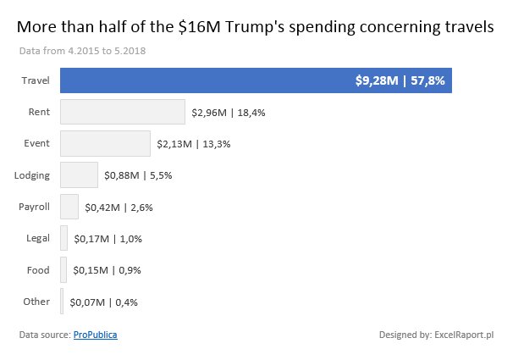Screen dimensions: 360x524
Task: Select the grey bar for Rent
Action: pyautogui.click(x=123, y=112)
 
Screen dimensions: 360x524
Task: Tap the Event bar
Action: pyautogui.click(x=105, y=143)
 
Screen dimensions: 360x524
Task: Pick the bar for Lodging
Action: pyautogui.click(x=79, y=175)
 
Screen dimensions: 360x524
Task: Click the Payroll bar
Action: pyautogui.click(x=69, y=207)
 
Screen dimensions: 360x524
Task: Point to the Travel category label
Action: pyautogui.click(x=36, y=80)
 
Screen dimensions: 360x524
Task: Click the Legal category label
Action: pyautogui.click(x=38, y=238)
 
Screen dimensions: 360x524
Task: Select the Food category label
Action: pyautogui.click(x=39, y=270)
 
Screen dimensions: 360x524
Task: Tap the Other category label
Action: pyautogui.click(x=37, y=302)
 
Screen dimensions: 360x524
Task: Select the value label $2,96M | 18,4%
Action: pyautogui.click(x=234, y=112)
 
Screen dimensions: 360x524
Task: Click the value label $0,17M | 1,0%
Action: pyautogui.click(x=108, y=239)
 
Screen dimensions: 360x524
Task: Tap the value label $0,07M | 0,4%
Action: pyautogui.click(x=104, y=302)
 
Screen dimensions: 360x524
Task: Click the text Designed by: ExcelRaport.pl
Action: pyautogui.click(x=436, y=335)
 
